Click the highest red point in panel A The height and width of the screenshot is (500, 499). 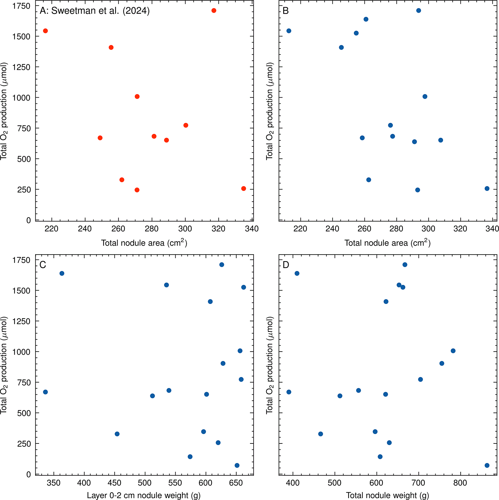214,11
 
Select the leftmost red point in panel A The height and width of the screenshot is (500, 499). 46,31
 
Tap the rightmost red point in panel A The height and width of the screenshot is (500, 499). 244,189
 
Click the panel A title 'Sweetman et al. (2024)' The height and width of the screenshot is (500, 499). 101,11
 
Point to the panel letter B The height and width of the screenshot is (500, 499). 286,11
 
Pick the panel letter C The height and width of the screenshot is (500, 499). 43,265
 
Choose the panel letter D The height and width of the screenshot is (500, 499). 286,265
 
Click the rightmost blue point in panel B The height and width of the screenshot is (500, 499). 487,189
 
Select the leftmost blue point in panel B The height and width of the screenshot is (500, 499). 289,31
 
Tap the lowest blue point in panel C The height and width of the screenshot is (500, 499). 237,465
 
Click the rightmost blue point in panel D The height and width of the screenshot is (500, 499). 487,465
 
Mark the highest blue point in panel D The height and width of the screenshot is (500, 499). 405,265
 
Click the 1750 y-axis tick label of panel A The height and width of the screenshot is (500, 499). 21,6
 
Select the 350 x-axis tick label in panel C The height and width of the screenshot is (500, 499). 54,483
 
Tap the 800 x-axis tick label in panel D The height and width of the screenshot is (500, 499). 460,483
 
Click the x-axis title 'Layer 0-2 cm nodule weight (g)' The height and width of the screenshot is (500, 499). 144,496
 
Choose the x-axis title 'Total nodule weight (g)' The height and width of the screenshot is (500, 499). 387,496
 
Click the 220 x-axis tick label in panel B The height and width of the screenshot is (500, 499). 300,229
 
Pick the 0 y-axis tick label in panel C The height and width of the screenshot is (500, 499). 29,474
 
